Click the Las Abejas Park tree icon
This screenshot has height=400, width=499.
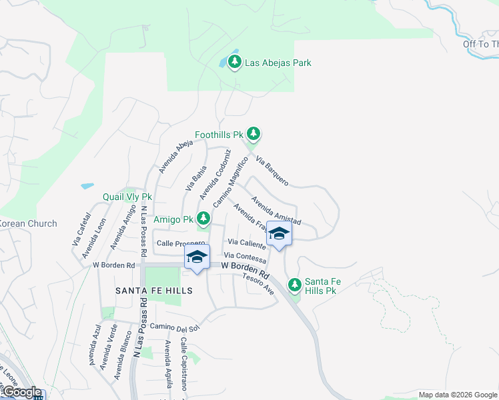(x=234, y=63)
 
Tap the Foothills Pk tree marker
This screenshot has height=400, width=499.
(x=253, y=134)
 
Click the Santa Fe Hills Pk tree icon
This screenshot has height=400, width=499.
(x=294, y=285)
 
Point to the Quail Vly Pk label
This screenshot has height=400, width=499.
(x=127, y=197)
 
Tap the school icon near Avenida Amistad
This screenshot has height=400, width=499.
(x=279, y=234)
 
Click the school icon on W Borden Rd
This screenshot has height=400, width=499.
(x=197, y=257)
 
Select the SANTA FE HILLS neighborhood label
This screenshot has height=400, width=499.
(x=153, y=291)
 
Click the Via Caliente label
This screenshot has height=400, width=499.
(x=247, y=244)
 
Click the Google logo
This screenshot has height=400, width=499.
(x=21, y=392)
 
